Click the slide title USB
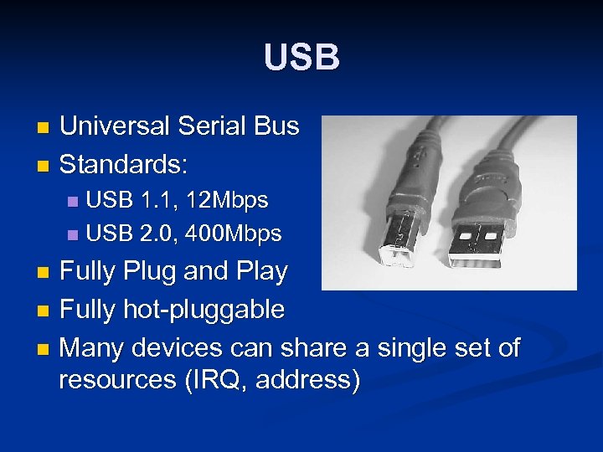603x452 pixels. pos(301,58)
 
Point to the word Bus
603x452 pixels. pos(276,126)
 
